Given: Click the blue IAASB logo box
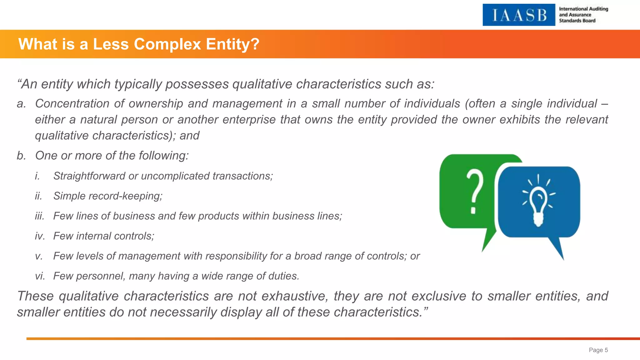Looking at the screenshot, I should pos(519,15).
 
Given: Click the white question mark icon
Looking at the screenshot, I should pos(475,191).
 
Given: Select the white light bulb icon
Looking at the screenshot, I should pos(538,203).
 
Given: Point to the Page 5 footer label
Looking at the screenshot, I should pos(598,350).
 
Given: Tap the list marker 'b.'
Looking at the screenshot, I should pos(22,155).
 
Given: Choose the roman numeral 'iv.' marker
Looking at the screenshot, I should pos(40,236).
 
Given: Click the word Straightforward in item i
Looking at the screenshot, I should pos(89,176).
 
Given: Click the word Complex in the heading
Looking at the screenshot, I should pos(167,44).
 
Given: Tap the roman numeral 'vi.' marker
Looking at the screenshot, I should pos(40,276).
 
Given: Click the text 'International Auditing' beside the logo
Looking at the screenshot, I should pos(583,9).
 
